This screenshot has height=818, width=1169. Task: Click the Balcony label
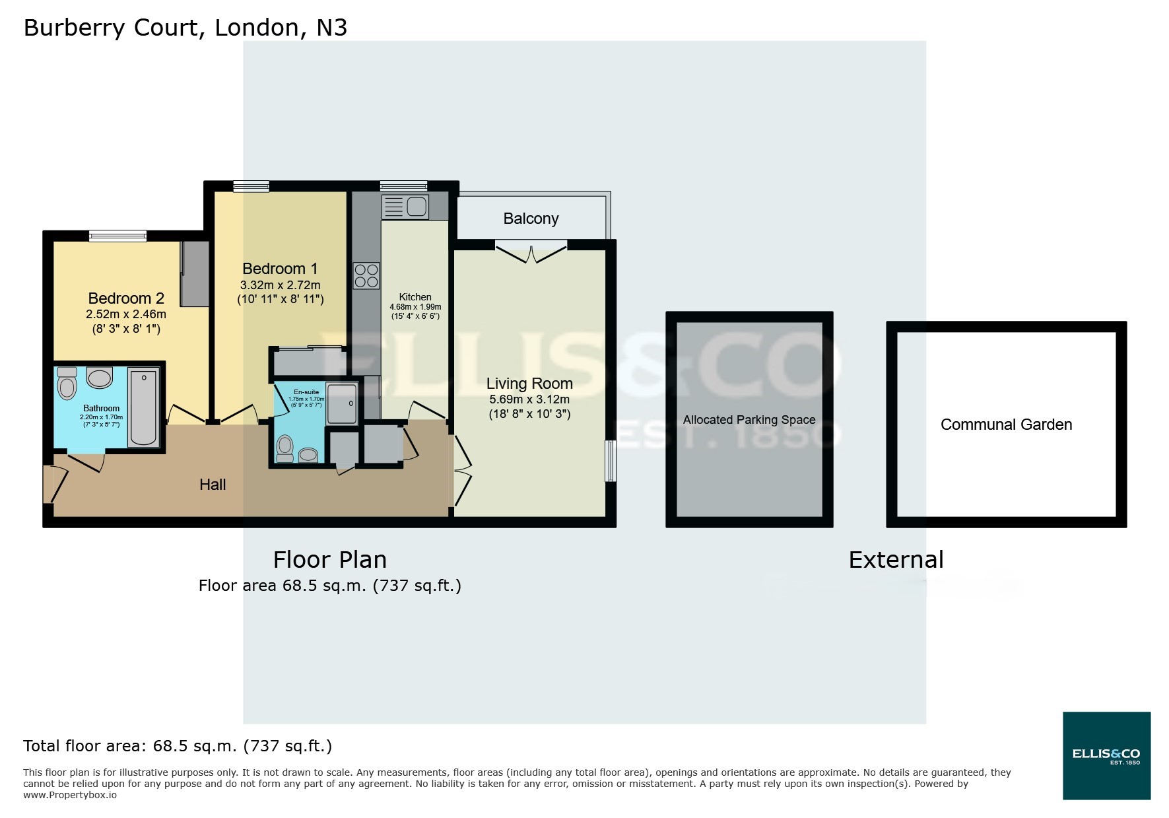531,219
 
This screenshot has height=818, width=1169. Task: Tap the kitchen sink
405,207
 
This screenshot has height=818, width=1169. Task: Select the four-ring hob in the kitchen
366,276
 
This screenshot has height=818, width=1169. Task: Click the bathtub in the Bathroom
143,407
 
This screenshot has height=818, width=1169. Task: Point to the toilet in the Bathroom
67,383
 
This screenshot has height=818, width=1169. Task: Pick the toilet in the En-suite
285,449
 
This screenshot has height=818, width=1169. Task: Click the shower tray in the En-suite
342,403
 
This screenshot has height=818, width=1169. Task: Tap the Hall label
213,485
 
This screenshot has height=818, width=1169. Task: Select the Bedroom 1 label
280,269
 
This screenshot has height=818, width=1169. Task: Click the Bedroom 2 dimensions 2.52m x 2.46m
126,314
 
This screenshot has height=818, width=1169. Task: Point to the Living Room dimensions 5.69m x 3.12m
529,399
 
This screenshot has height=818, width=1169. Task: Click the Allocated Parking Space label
749,420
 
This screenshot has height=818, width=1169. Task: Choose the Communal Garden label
1006,425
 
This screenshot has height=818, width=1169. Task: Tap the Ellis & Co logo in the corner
1106,755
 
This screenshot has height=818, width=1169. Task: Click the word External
896,560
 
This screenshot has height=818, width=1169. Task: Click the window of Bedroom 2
118,236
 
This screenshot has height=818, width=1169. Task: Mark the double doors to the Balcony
531,252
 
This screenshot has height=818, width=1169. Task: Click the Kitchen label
415,297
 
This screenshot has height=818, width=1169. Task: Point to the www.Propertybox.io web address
70,795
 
